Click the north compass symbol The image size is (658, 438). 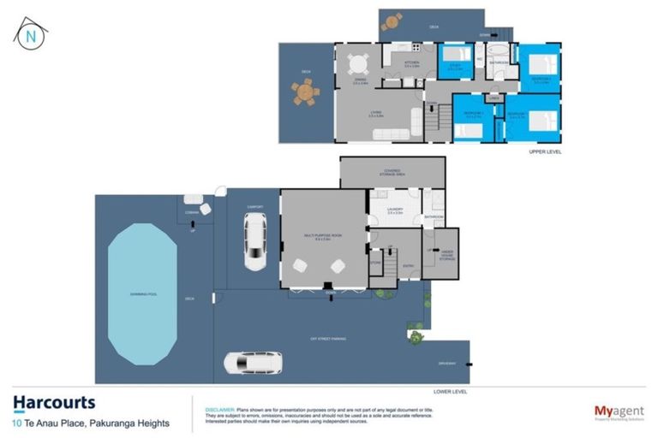point(31,35)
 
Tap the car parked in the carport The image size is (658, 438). point(254,241)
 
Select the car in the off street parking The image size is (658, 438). point(252,363)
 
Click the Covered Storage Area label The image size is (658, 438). point(392,173)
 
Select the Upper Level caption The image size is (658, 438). point(544,151)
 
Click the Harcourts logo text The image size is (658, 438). point(54,402)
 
